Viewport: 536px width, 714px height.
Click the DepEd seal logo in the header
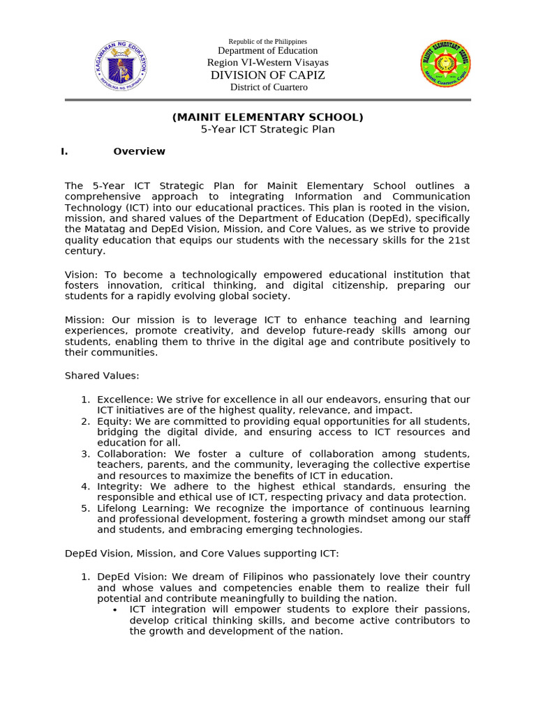[121, 65]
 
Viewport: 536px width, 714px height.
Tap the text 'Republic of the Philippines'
[267, 42]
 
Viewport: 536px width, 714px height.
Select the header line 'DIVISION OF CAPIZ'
[267, 75]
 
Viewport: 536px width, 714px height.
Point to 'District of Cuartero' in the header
[269, 87]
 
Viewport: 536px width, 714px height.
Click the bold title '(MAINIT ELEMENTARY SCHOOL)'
[268, 117]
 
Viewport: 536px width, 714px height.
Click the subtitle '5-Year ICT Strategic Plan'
[268, 129]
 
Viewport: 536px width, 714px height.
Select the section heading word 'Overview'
[140, 151]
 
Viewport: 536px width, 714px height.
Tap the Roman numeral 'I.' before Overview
[64, 151]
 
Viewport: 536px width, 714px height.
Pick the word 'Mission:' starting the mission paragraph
[84, 320]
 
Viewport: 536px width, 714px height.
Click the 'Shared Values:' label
[102, 376]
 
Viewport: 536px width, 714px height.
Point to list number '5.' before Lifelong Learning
[85, 508]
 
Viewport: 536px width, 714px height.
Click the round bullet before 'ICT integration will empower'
[114, 609]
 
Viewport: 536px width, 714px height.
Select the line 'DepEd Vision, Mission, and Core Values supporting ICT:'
[202, 553]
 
